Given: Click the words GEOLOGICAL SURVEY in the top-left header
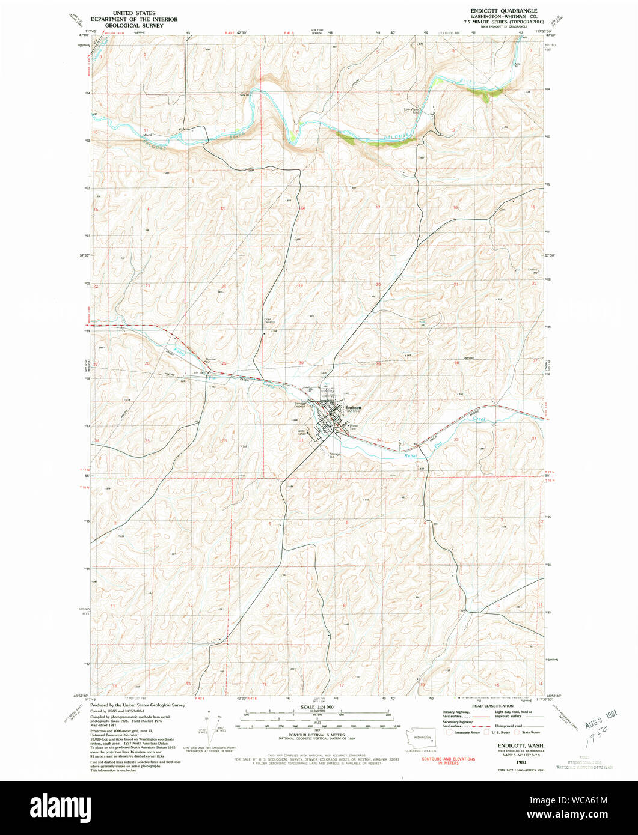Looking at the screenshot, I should click(134, 26).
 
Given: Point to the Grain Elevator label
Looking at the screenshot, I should click(270, 322).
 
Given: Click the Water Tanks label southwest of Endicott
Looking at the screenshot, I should click(302, 431).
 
